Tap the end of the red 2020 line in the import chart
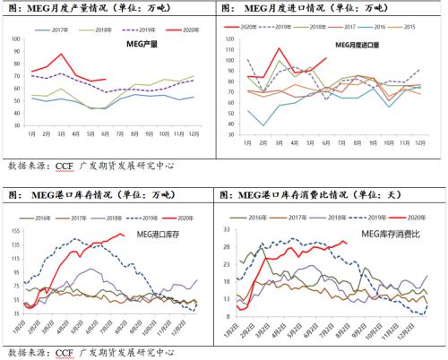[325, 58]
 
